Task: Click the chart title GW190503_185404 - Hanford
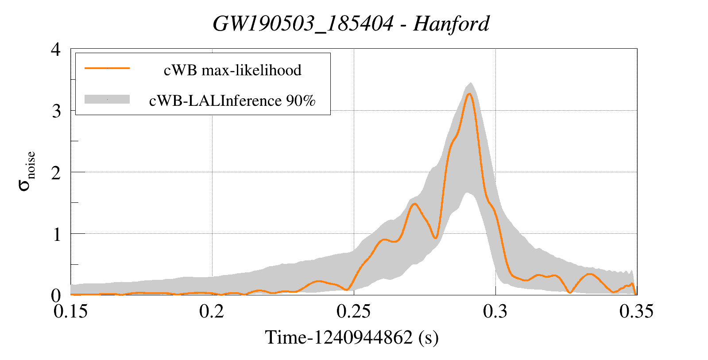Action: point(351,23)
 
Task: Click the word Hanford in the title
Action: point(451,23)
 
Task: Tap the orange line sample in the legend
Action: point(107,68)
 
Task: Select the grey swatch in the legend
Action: point(107,99)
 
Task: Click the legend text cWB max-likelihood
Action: point(232,70)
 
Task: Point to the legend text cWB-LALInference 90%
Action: point(232,101)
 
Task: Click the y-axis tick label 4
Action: point(56,49)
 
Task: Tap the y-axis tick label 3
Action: point(56,111)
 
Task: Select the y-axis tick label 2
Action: point(56,173)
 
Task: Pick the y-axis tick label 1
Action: point(57,234)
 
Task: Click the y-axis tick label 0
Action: point(56,295)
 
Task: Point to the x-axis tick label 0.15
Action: point(70,312)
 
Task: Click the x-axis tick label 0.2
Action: point(212,312)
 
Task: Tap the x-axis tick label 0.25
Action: point(353,312)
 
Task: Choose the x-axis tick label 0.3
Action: point(495,312)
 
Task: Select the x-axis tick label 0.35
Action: point(636,312)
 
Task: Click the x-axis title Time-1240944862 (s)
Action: point(352,337)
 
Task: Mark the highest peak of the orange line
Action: point(470,93)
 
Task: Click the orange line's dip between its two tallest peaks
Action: point(436,238)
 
